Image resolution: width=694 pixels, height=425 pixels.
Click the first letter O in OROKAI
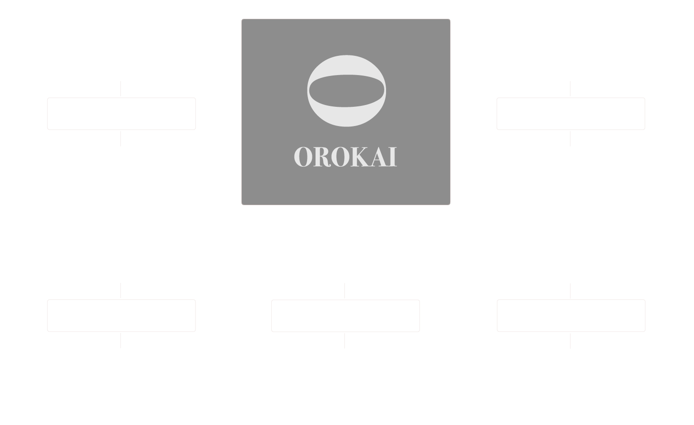[303, 157]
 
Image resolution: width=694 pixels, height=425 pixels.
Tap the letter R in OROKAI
[322, 157]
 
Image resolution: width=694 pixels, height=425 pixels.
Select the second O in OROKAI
[340, 157]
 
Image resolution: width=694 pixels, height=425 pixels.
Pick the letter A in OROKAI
[379, 157]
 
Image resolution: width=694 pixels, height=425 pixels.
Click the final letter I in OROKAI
[393, 157]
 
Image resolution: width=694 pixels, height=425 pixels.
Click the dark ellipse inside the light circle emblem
[347, 91]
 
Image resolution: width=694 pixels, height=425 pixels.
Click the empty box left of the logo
[121, 114]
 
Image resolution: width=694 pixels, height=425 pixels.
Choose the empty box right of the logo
[571, 114]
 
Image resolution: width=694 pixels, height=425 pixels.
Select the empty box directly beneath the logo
[345, 316]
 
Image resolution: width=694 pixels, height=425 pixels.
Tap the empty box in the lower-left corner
[121, 316]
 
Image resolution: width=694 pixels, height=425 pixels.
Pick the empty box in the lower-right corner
[571, 316]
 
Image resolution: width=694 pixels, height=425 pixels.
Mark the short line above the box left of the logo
[121, 89]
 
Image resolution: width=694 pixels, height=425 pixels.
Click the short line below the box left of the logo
[121, 139]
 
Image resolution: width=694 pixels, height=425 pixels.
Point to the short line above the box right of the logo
[570, 89]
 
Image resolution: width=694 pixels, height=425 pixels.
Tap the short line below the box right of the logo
[570, 139]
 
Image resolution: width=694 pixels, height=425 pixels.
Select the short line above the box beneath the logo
[345, 290]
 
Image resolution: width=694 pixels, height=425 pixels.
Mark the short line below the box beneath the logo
[345, 341]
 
